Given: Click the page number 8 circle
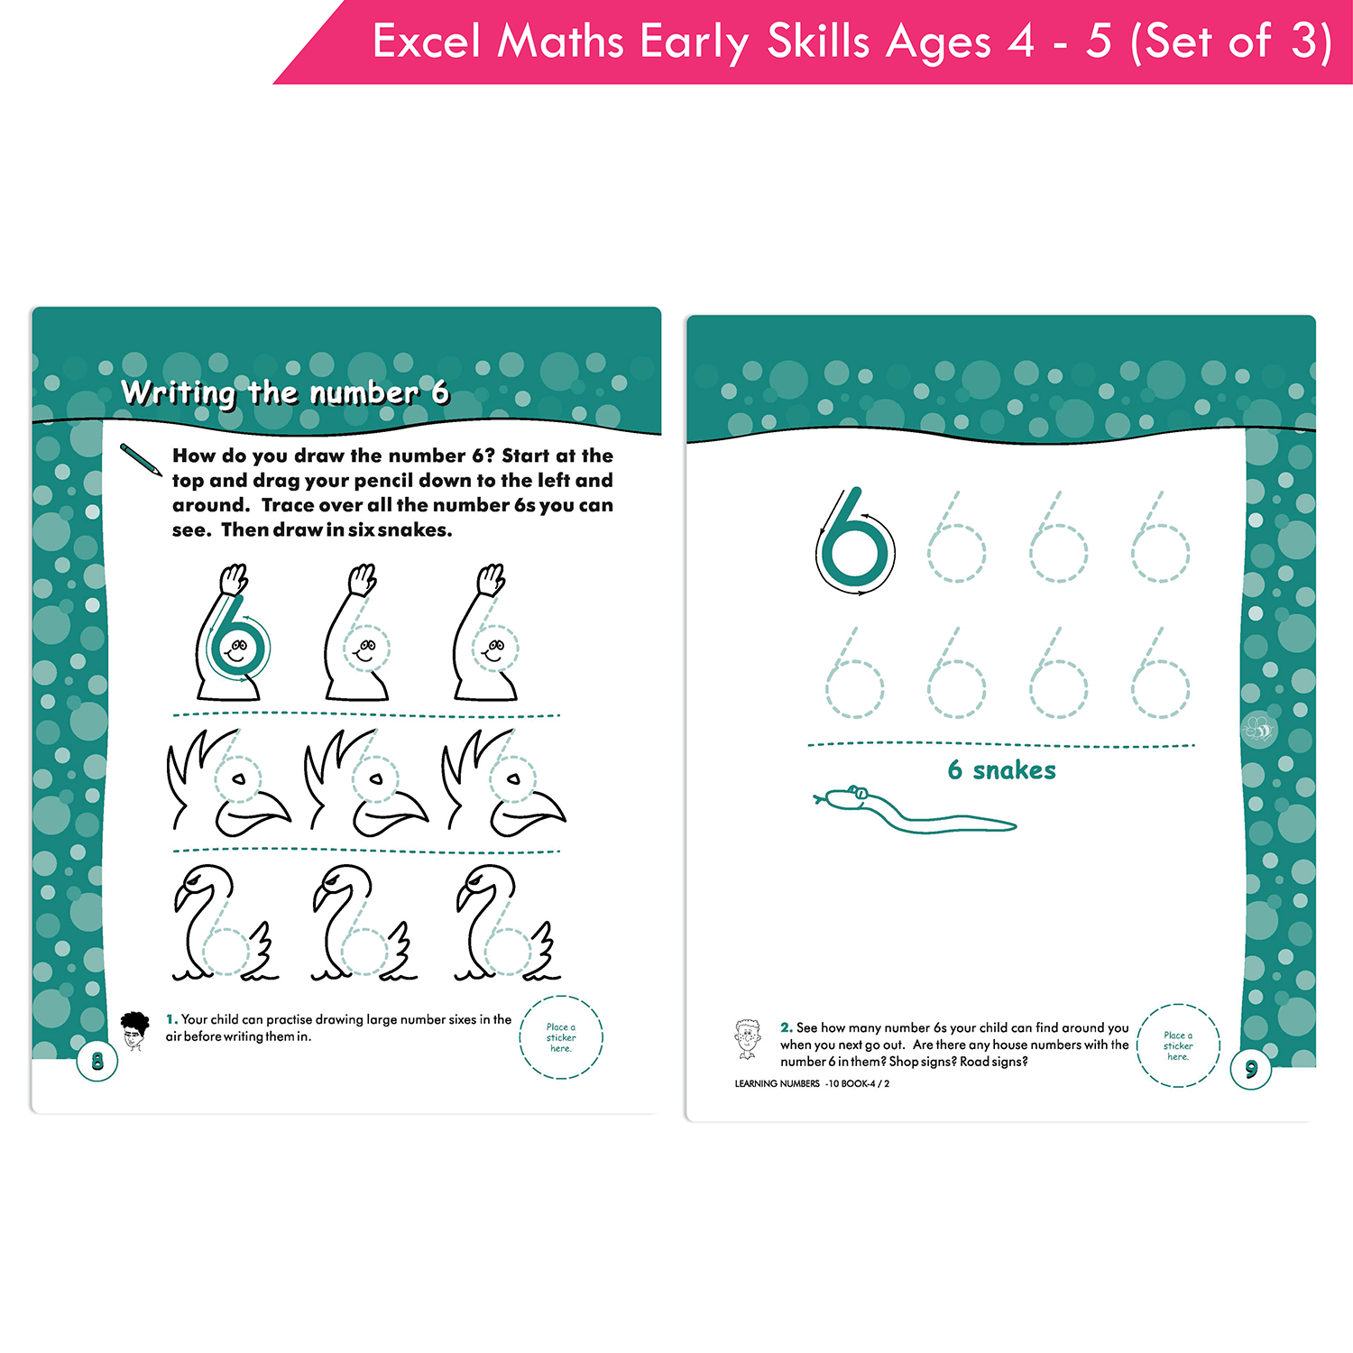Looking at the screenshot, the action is (97, 1062).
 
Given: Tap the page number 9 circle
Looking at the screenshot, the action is (1251, 1070).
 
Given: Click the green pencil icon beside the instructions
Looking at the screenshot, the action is (141, 460).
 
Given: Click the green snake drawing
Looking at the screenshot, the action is (911, 809).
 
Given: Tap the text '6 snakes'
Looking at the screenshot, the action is (1001, 770).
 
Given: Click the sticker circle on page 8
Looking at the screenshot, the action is (561, 1037).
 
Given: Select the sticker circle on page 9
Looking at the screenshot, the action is (1178, 1045).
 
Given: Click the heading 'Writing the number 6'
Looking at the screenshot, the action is (285, 392).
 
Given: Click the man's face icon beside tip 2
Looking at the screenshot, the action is (747, 1039).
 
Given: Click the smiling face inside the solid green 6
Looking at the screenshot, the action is (237, 649).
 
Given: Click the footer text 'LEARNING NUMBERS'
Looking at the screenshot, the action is (777, 1084).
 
